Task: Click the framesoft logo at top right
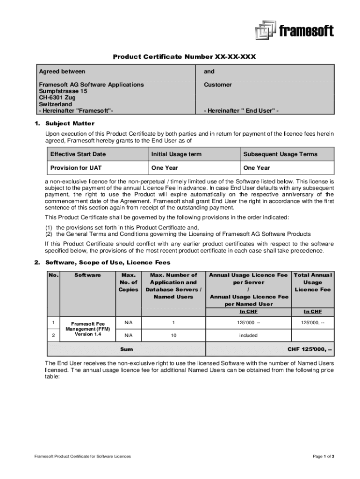[294, 30]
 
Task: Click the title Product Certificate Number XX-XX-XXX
[184, 57]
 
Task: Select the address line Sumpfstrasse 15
[63, 91]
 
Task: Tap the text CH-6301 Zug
[57, 98]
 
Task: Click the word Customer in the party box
[217, 85]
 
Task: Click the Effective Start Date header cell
[78, 154]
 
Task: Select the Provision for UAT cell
[76, 168]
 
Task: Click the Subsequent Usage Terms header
[280, 154]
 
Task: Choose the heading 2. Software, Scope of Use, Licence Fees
[102, 262]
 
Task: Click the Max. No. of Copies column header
[128, 282]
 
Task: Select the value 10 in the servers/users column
[173, 335]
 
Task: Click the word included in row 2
[249, 335]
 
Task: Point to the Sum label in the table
[126, 349]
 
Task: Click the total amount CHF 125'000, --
[310, 349]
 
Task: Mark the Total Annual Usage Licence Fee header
[312, 282]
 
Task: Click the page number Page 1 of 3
[323, 456]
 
